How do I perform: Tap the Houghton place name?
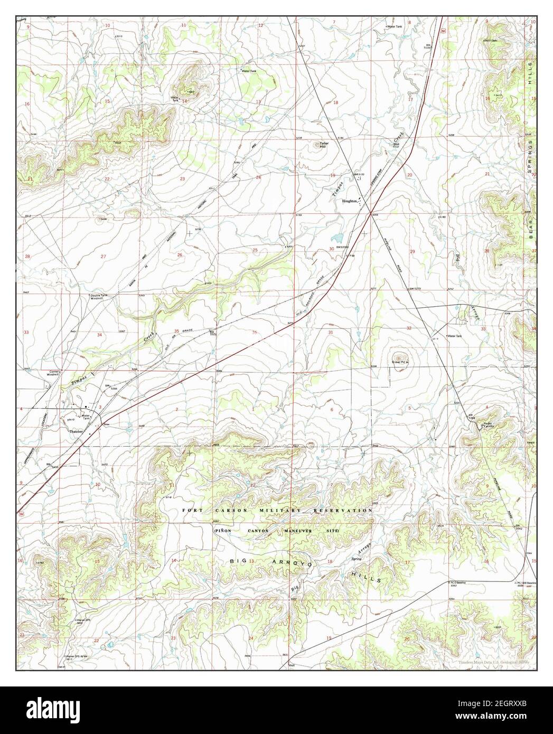tap(350, 201)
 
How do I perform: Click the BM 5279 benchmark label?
tap(417, 289)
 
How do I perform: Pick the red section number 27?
tap(104, 257)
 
